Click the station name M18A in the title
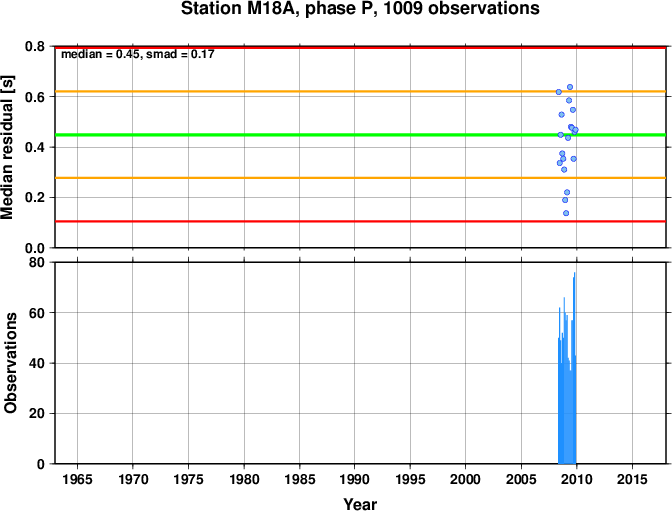pyautogui.click(x=272, y=9)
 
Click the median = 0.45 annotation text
pyautogui.click(x=100, y=54)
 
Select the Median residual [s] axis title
pyautogui.click(x=8, y=147)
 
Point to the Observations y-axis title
pyautogui.click(x=9, y=363)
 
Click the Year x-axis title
pyautogui.click(x=360, y=504)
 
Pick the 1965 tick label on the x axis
pyautogui.click(x=77, y=479)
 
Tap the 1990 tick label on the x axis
pyautogui.click(x=354, y=479)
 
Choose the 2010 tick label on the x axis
pyautogui.click(x=577, y=479)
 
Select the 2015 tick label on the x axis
pyautogui.click(x=632, y=479)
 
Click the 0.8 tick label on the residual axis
pyautogui.click(x=35, y=46)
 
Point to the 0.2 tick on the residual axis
pyautogui.click(x=35, y=198)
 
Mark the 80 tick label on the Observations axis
pyautogui.click(x=36, y=262)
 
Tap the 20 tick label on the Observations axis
pyautogui.click(x=36, y=414)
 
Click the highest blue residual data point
pyautogui.click(x=570, y=87)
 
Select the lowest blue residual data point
pyautogui.click(x=566, y=213)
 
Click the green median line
pyautogui.click(x=360, y=135)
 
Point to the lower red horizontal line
pyautogui.click(x=360, y=221)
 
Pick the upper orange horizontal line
pyautogui.click(x=360, y=91)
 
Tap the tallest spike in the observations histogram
pyautogui.click(x=575, y=273)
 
